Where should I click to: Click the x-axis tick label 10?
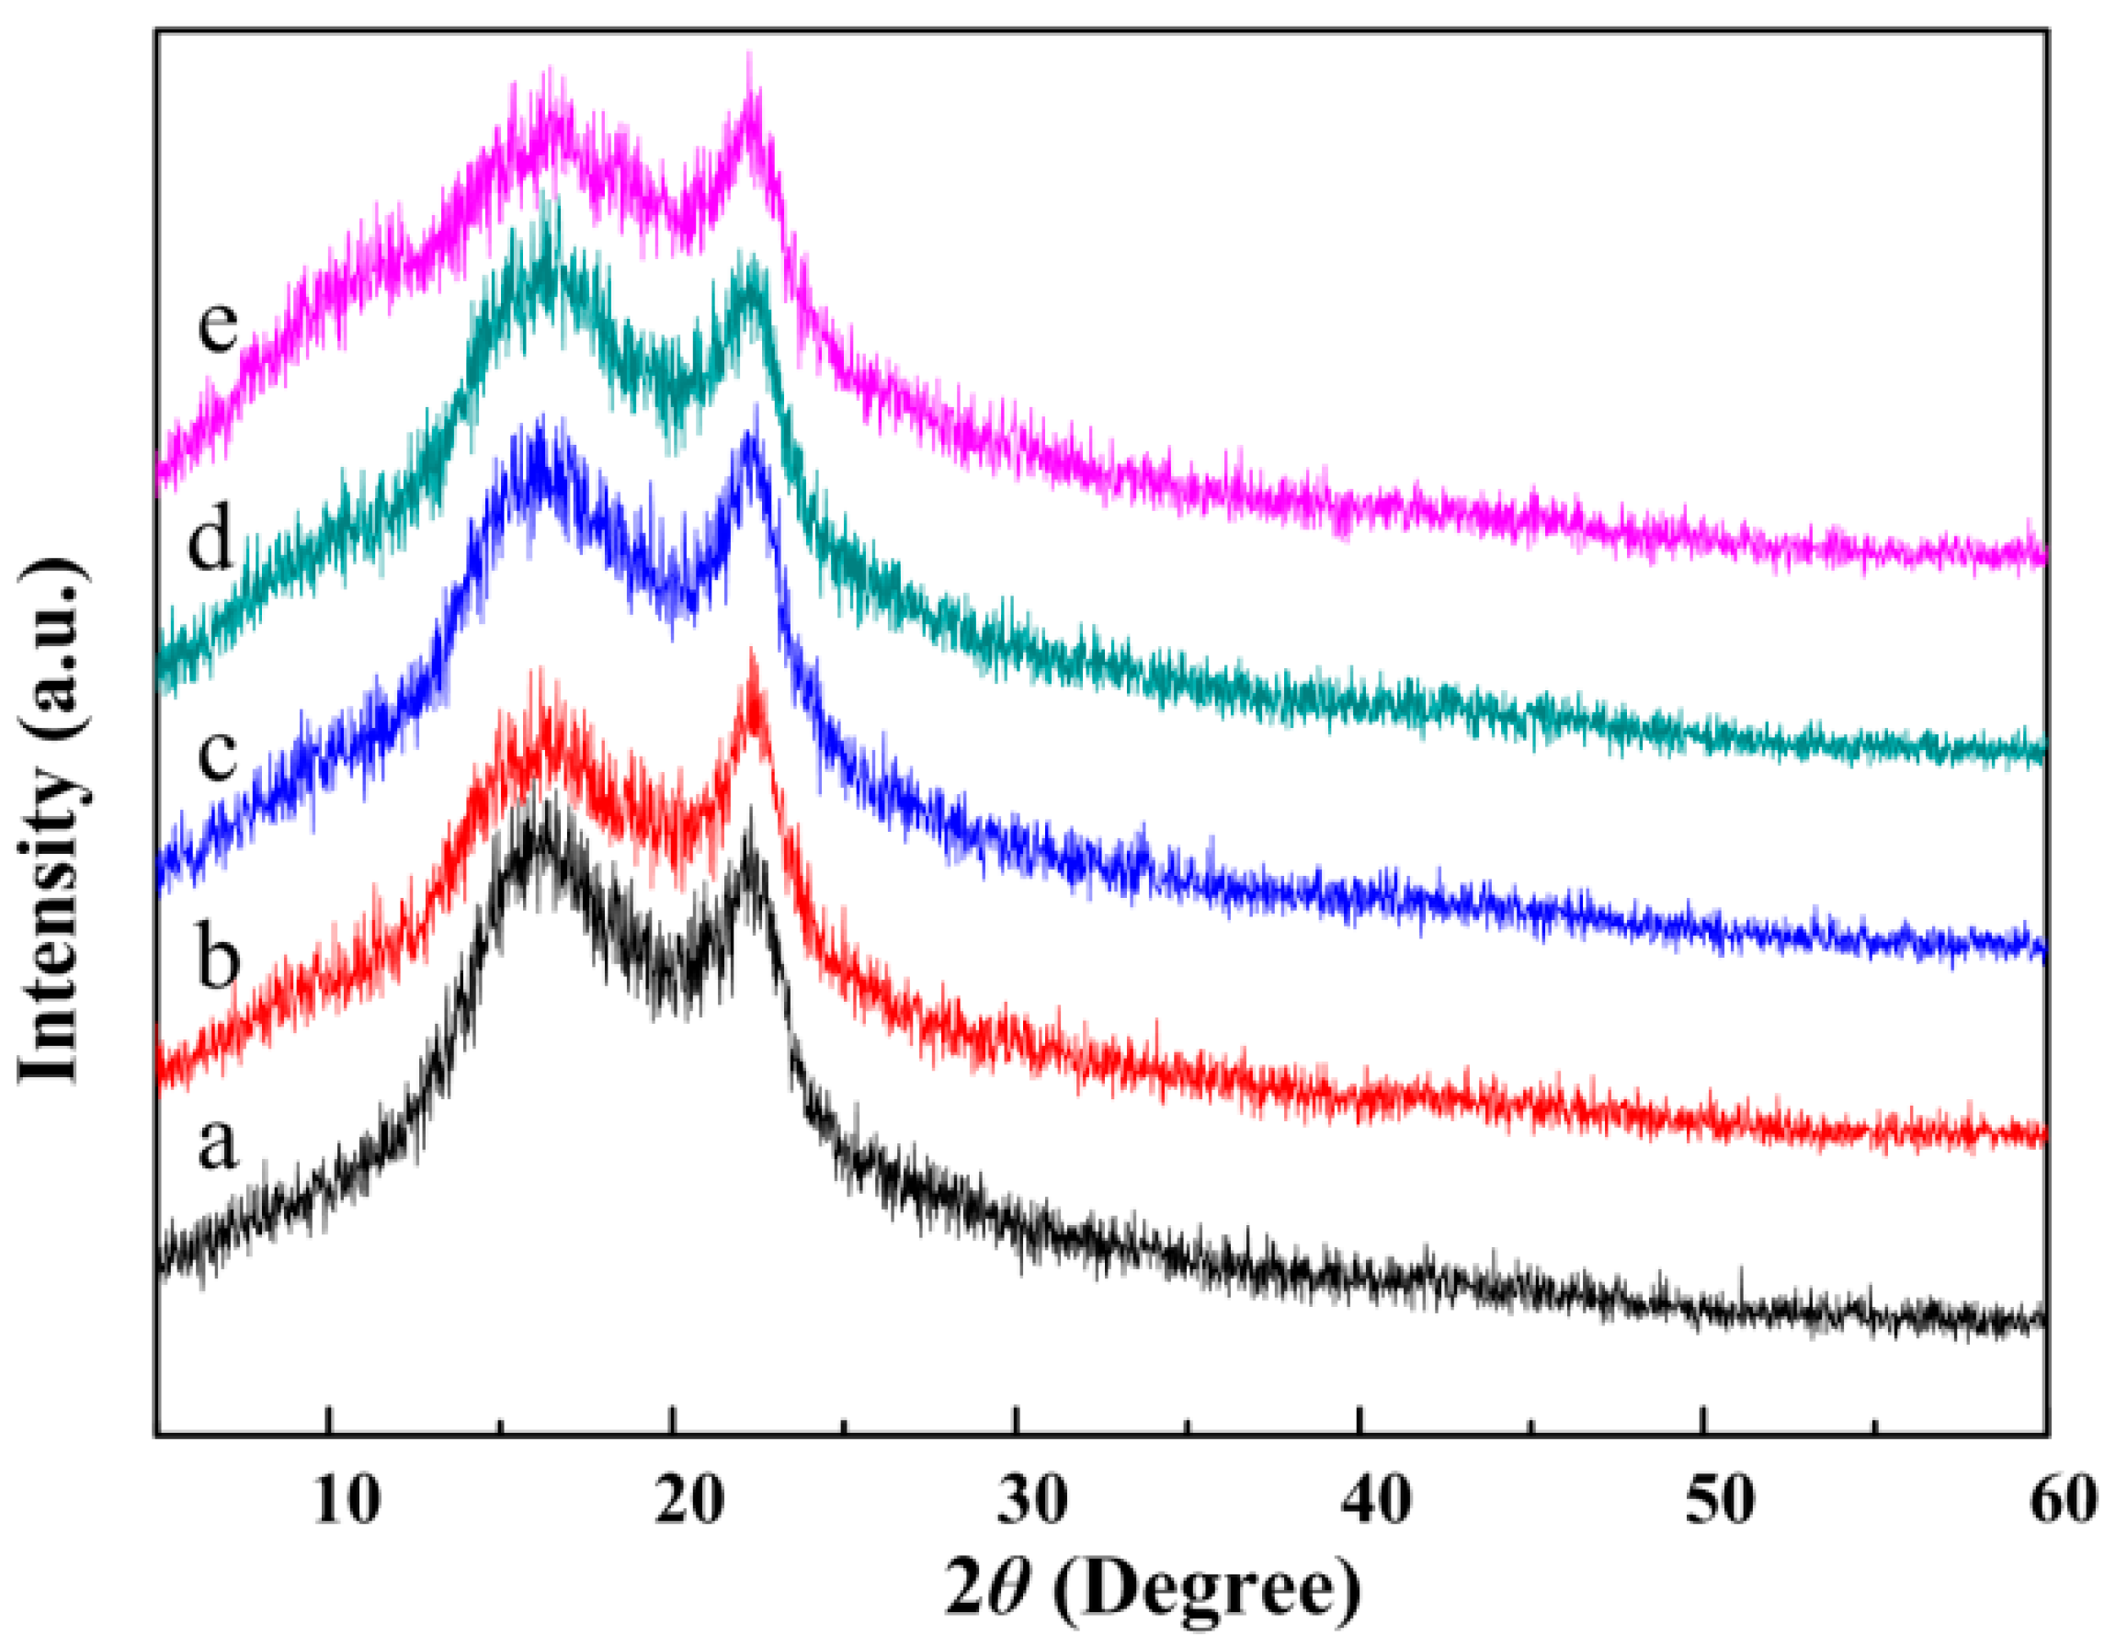[347, 1501]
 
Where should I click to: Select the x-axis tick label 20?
[688, 1501]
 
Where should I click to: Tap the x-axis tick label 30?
[1033, 1501]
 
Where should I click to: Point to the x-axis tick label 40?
[1376, 1501]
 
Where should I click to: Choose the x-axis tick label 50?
[1720, 1501]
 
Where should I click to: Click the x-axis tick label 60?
[2064, 1501]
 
